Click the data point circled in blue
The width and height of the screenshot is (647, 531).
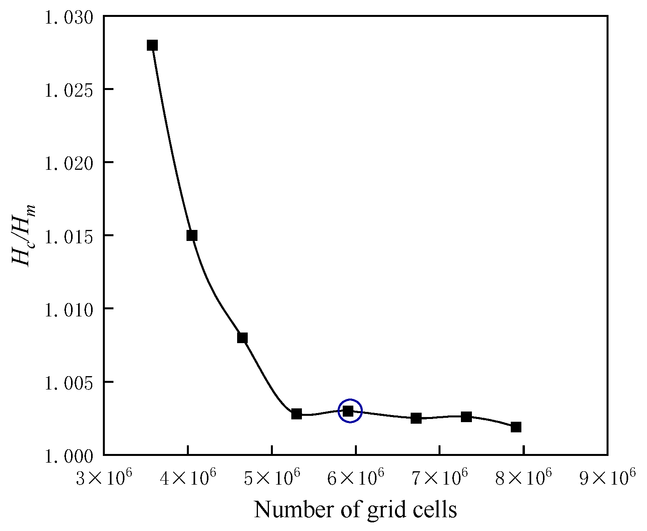pos(348,411)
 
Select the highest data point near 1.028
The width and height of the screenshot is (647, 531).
pos(152,45)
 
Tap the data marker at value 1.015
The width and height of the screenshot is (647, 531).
pos(192,235)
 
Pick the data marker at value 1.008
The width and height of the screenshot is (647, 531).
pos(242,338)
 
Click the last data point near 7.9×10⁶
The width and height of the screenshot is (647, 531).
pos(516,427)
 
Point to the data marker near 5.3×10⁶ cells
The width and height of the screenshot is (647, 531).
pos(296,414)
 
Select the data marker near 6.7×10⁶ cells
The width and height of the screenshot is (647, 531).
pos(416,418)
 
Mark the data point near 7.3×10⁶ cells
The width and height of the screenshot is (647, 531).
pos(466,417)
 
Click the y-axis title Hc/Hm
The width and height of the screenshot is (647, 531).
pos(24,235)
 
